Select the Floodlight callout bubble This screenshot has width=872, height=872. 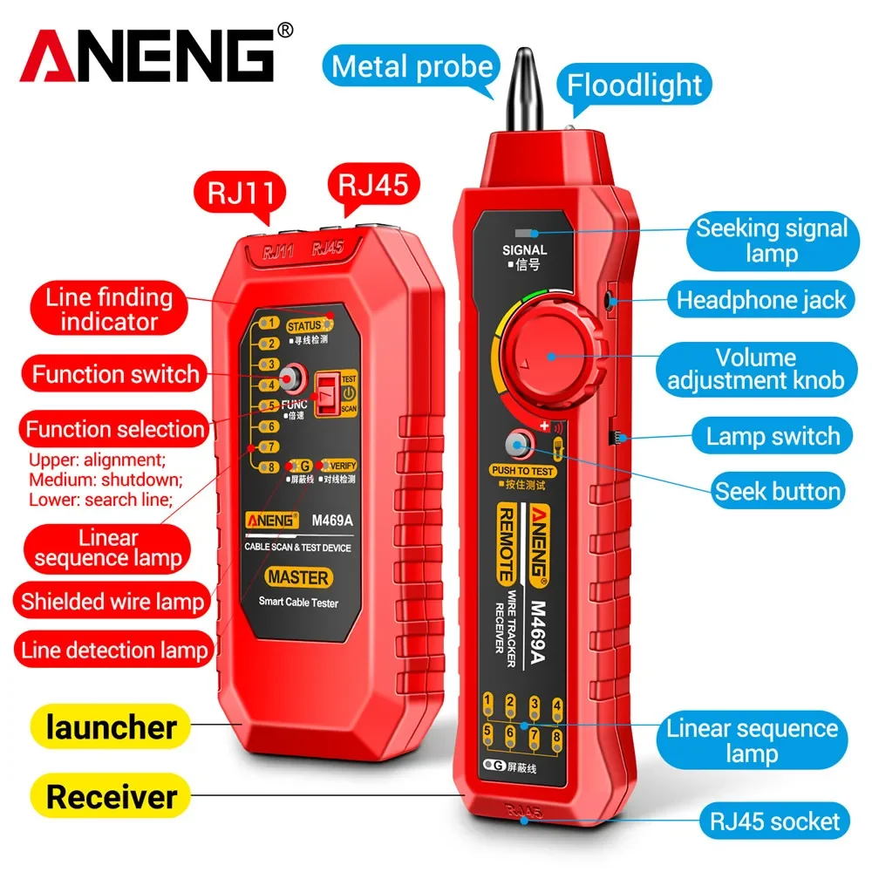pos(634,85)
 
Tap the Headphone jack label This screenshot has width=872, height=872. pos(761,301)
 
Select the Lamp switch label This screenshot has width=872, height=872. pos(773,436)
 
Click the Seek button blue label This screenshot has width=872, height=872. pos(778,491)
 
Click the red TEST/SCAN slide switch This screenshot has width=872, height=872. pos(328,393)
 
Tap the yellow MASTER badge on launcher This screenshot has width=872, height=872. pos(298,577)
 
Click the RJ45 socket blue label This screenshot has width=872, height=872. pos(774,820)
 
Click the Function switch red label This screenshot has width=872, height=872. pos(116,375)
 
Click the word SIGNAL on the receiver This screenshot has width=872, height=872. pos(524,250)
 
